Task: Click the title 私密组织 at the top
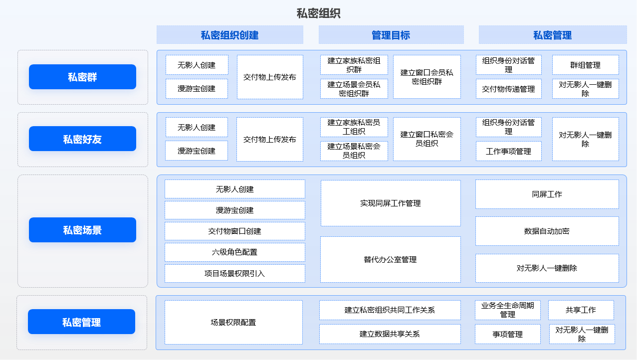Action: point(318,13)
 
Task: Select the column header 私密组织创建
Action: point(230,35)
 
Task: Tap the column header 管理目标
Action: point(391,35)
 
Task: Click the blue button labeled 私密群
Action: point(82,77)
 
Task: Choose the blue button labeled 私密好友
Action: point(82,139)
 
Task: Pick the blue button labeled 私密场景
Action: point(82,230)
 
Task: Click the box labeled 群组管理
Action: point(585,65)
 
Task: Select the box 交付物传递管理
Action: point(508,89)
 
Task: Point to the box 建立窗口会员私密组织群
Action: point(427,77)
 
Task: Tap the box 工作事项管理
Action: point(508,151)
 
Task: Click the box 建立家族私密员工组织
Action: point(354,127)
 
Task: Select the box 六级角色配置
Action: point(235,252)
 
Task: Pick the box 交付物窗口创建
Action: point(235,231)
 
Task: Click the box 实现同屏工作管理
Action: point(391,203)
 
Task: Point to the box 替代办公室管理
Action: point(391,260)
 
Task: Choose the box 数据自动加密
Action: point(547,231)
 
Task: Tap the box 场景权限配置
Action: point(233,323)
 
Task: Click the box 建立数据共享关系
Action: point(390,334)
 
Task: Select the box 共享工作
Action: point(581,310)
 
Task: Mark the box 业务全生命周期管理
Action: point(508,310)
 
